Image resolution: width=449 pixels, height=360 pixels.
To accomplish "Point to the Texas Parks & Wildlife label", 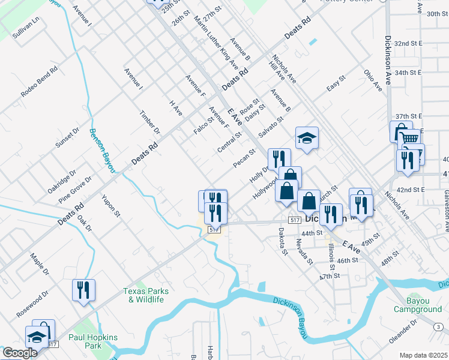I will tap(145, 295).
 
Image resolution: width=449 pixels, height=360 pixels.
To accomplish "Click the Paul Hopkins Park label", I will tap(93, 342).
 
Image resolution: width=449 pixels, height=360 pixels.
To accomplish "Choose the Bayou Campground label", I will tap(417, 304).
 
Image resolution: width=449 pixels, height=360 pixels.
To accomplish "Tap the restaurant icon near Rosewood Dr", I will tap(83, 290).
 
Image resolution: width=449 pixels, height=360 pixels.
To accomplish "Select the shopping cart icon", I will tap(411, 138).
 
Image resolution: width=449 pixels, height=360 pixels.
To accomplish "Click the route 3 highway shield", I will tap(438, 326).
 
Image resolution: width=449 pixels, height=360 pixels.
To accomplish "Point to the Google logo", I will tap(19, 352).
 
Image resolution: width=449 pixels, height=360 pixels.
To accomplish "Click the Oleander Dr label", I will tap(403, 331).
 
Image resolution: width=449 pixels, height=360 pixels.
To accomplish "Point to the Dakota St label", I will tap(283, 241).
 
